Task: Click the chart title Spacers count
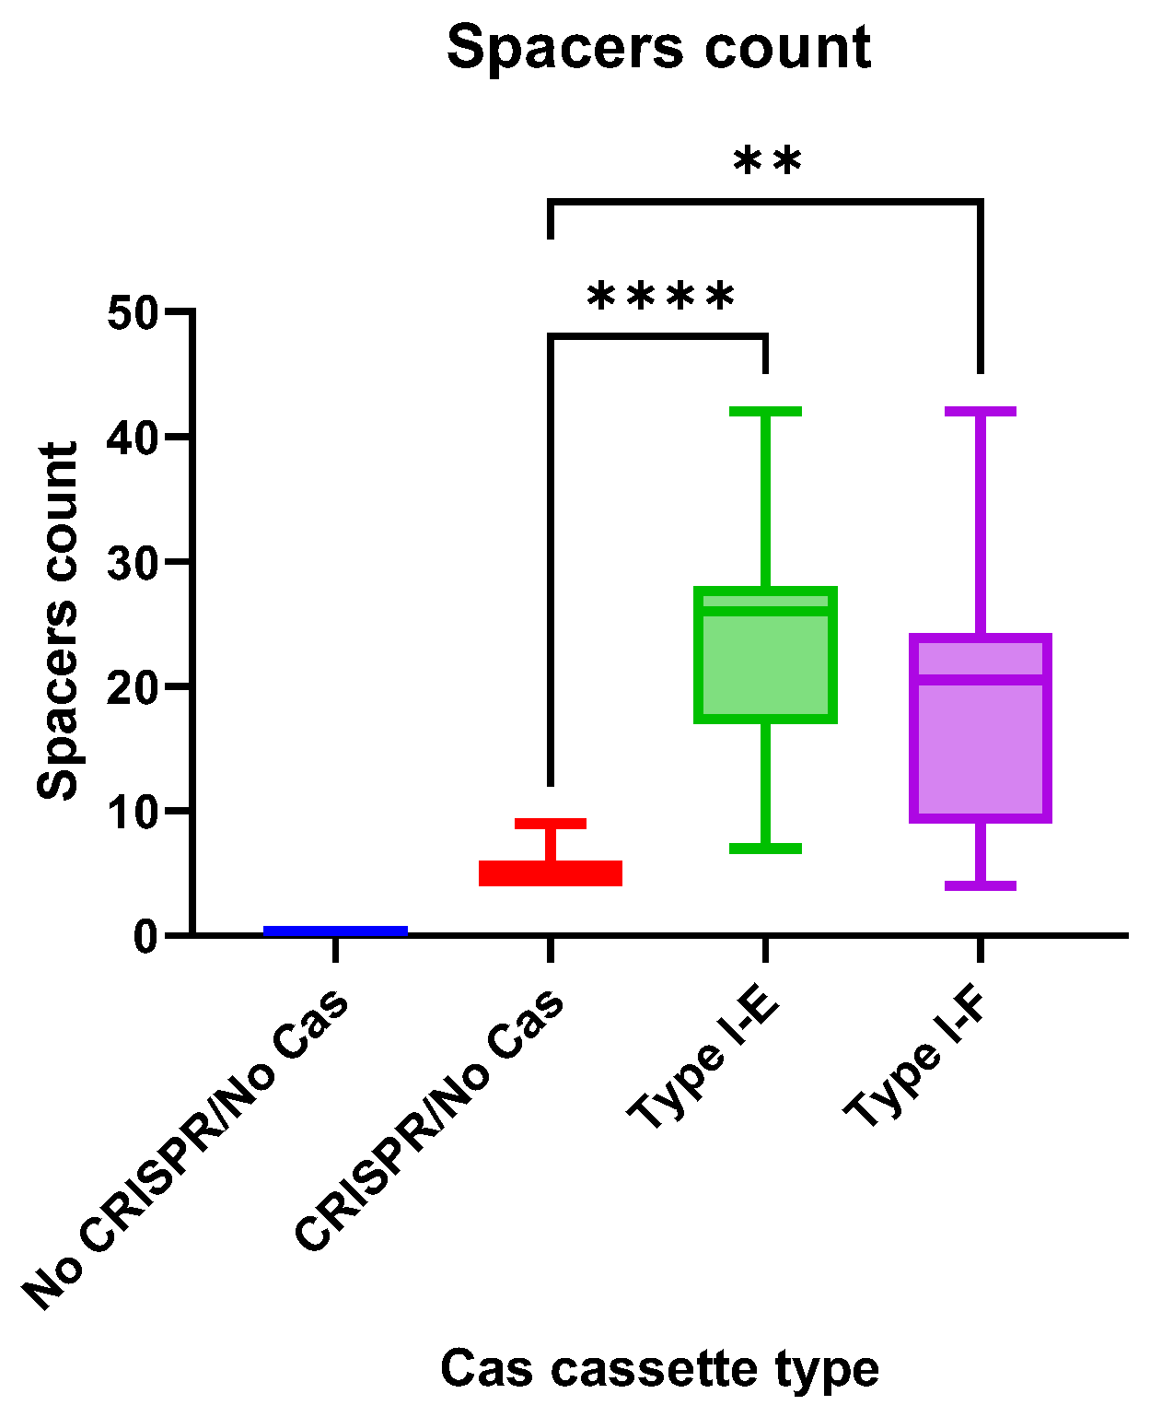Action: click(x=658, y=48)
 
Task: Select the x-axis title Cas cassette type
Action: click(x=659, y=1368)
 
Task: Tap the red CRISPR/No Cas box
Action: click(x=551, y=872)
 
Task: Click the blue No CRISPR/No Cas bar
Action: click(x=335, y=931)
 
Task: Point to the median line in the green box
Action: click(x=765, y=610)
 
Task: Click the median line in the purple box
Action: click(x=981, y=680)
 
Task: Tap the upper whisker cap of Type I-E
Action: click(x=765, y=411)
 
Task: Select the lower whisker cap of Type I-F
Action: click(x=981, y=885)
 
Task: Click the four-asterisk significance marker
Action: click(x=661, y=297)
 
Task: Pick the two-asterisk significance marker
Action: click(x=767, y=162)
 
